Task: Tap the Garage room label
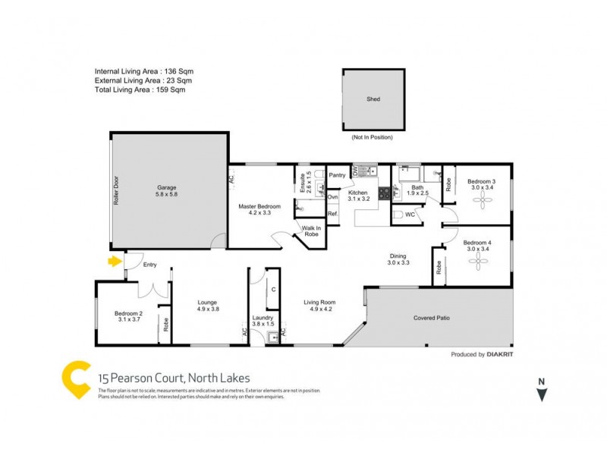tap(167, 187)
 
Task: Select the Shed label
tap(373, 99)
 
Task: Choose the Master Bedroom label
tap(259, 207)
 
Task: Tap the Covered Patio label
tap(432, 318)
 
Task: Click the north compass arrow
tap(541, 395)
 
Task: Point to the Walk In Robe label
tap(312, 231)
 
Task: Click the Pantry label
tap(338, 175)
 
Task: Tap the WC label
tap(410, 215)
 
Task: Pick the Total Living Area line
tap(140, 89)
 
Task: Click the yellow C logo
tap(76, 380)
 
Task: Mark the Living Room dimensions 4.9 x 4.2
tap(322, 309)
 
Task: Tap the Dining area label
tap(398, 256)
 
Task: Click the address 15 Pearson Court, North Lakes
tap(174, 378)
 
